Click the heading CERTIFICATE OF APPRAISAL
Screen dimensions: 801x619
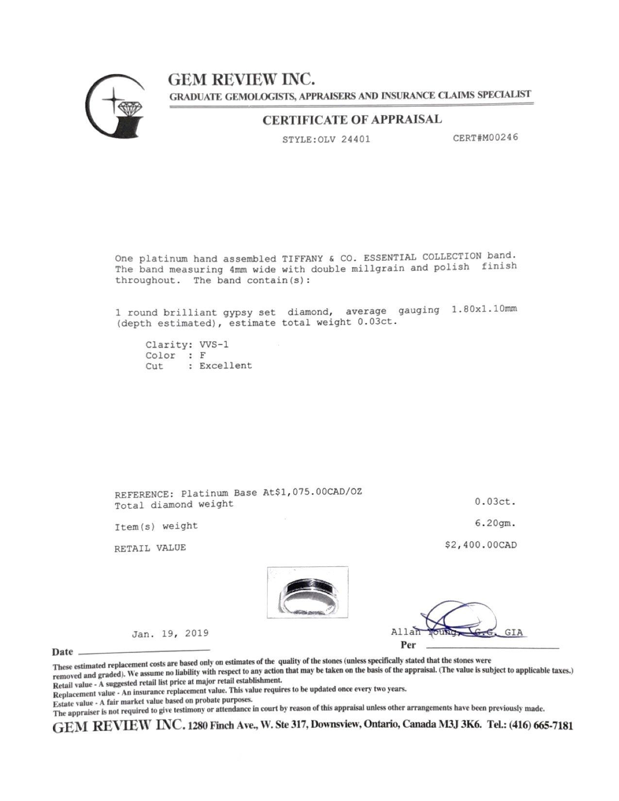pos(352,120)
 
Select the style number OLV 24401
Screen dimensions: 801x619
pos(343,139)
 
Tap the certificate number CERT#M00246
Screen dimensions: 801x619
pos(485,137)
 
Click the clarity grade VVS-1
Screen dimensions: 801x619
pos(215,345)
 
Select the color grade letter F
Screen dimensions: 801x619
pos(203,355)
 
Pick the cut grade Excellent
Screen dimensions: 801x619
pos(226,366)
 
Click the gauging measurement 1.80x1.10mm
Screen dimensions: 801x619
pos(484,310)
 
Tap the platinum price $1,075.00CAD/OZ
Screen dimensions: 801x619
pos(318,492)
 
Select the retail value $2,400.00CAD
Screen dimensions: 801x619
pos(481,545)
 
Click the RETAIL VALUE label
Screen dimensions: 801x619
pos(150,548)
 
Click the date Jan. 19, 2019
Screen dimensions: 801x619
pos(170,634)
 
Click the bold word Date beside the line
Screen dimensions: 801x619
pos(63,652)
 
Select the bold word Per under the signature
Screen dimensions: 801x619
pos(408,645)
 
